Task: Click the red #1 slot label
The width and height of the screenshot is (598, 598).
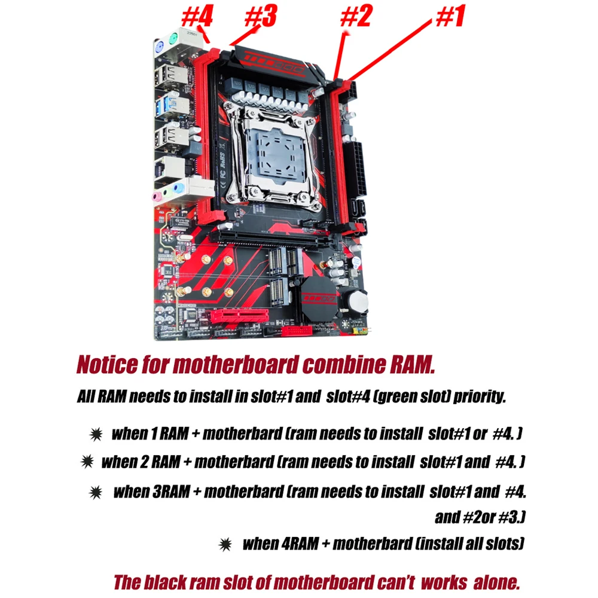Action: coord(450,17)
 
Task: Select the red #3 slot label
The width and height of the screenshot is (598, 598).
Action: coord(261,17)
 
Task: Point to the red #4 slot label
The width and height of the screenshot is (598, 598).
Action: coord(197,17)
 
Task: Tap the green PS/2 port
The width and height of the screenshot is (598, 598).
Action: coord(173,38)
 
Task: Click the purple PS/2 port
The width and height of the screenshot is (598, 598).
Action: coord(160,48)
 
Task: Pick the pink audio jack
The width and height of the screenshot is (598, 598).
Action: coord(157,197)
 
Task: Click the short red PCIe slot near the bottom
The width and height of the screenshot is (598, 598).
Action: coord(239,315)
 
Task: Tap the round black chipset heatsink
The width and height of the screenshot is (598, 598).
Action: coord(319,297)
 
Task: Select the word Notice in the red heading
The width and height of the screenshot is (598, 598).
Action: coord(107,365)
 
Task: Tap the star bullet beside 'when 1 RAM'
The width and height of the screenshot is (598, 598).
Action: coord(96,434)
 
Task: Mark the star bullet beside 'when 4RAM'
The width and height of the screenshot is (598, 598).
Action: coord(225,544)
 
